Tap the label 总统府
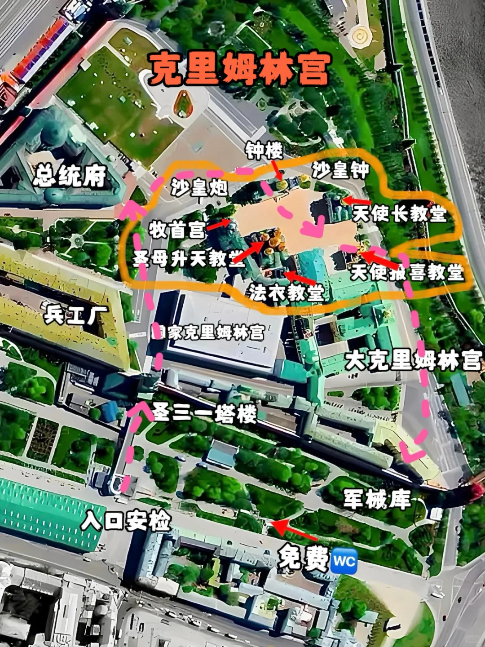tap(70, 176)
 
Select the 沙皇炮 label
tap(199, 186)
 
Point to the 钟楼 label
tap(264, 151)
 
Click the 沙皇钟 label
tap(340, 170)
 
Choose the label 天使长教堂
tap(399, 213)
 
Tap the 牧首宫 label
tap(177, 230)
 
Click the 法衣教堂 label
tap(286, 292)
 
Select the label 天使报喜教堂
tap(407, 272)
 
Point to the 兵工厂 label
tap(76, 315)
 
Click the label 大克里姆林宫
tap(413, 361)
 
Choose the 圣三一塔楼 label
tap(205, 412)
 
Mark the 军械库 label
tap(377, 499)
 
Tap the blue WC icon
tap(344, 561)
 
